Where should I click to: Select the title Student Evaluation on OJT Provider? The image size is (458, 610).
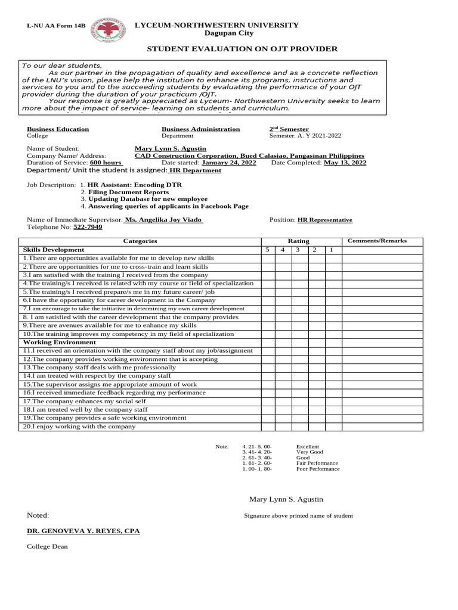242,49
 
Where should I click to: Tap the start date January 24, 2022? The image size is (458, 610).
229,163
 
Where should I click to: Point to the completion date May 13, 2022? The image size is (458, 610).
345,163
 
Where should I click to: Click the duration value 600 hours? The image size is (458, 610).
106,163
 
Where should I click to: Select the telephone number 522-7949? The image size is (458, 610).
88,227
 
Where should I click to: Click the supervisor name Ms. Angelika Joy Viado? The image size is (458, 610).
164,220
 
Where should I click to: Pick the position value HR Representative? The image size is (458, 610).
325,220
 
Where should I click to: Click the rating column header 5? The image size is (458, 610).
268,250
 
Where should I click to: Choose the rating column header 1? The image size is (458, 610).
330,250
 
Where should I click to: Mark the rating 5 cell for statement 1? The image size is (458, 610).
268,259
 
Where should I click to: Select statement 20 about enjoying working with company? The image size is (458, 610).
79,427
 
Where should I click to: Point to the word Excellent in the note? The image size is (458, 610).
308,446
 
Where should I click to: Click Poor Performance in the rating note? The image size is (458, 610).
317,469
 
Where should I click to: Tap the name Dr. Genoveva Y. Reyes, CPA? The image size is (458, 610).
83,530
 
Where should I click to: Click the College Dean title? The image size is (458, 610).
47,546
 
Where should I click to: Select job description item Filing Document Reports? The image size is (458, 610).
128,192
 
